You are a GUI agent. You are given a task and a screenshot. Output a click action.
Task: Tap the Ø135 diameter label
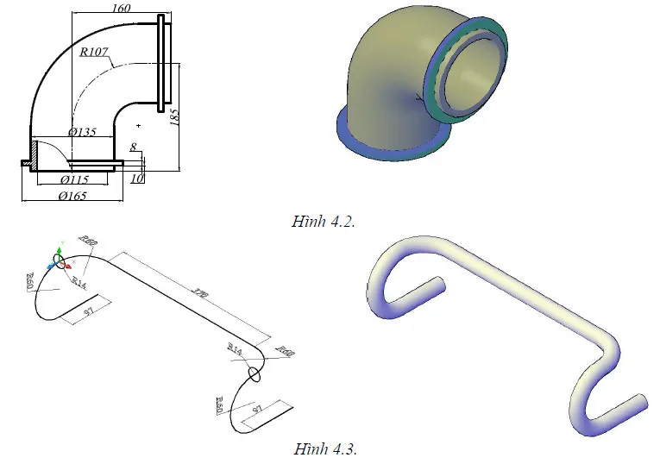click(x=82, y=133)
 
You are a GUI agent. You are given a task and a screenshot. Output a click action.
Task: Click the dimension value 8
click(x=134, y=147)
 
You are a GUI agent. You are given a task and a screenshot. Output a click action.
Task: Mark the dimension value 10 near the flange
click(x=135, y=179)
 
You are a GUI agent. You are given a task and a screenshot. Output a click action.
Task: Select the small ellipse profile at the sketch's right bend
click(x=254, y=373)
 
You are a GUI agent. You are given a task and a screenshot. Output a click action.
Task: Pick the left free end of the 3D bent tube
click(x=438, y=285)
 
